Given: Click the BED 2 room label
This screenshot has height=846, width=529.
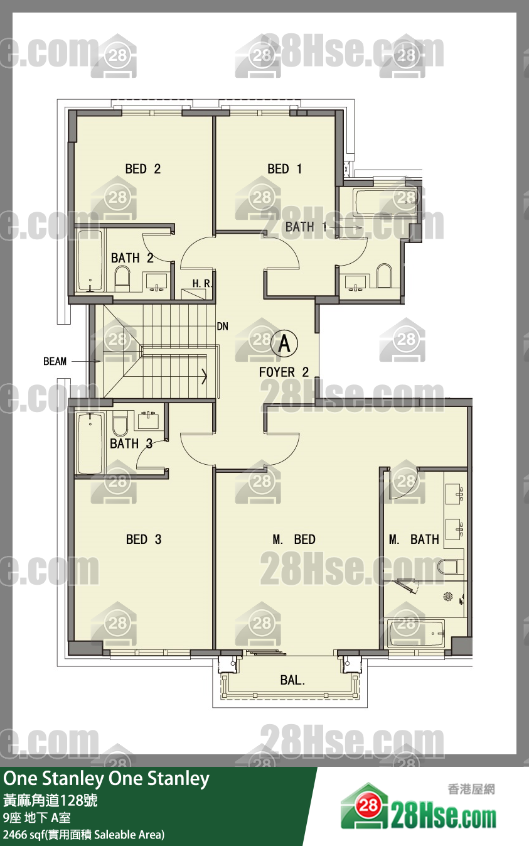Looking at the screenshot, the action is pos(143,169).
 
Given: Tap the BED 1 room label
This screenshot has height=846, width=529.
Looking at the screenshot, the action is pos(284,169).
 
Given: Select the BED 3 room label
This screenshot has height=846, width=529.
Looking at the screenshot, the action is pos(144,540).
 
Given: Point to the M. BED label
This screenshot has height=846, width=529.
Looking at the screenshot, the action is pos(294,540).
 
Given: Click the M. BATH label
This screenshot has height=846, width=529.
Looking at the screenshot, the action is pos(414,540).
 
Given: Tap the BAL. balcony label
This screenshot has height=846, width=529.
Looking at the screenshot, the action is pos(292,680).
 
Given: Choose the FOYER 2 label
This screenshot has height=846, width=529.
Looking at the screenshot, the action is pos(284,372).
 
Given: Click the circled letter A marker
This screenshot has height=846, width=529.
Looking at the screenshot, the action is pos(284,344).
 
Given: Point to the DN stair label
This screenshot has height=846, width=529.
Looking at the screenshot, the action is pos(223,327).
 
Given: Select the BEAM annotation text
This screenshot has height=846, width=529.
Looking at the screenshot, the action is pos(55,361).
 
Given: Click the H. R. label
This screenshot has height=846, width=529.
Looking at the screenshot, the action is pos(202,283).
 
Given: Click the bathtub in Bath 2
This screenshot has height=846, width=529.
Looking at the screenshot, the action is pos(90,261).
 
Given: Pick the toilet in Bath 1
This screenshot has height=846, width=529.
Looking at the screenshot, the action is pos(383,275).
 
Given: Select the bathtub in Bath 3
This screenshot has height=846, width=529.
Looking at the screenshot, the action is pos(90,444).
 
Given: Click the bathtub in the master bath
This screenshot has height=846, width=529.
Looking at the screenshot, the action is pos(416,632).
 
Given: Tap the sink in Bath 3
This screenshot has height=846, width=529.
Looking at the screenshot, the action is pos(148,421).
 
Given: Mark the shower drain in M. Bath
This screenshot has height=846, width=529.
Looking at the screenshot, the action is pos(448,597).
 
